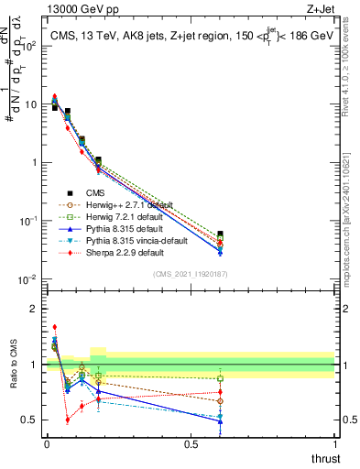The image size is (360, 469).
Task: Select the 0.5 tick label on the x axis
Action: (191, 444)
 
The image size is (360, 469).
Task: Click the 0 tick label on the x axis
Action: (47, 444)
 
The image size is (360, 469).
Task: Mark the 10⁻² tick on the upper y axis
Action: (27, 278)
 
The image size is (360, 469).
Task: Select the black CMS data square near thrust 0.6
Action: (220, 235)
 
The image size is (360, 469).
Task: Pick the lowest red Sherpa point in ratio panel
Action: (68, 420)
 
